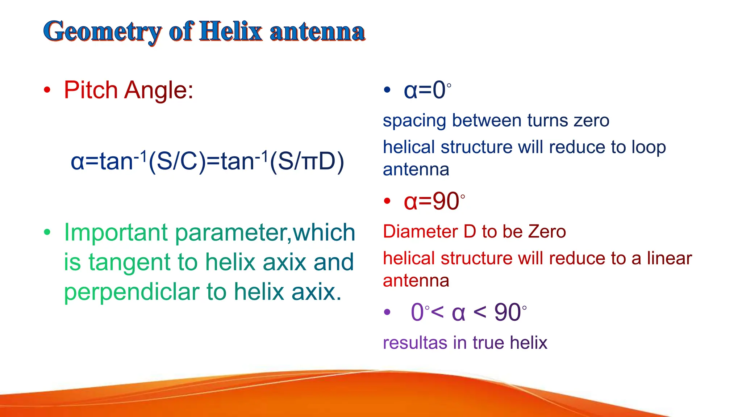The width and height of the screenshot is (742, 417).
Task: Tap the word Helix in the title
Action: (231, 31)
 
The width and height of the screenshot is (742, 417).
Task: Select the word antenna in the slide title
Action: (317, 32)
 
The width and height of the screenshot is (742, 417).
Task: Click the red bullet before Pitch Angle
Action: (47, 90)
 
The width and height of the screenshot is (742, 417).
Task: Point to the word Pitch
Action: (91, 90)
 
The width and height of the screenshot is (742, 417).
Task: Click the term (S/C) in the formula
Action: (177, 161)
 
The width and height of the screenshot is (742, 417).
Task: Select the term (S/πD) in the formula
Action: (307, 161)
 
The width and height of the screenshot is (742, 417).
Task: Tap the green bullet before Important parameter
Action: (47, 232)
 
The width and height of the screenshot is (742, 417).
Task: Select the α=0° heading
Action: (428, 90)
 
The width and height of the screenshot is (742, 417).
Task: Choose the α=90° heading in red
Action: (434, 201)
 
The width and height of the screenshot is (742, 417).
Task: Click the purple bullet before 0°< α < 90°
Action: (387, 312)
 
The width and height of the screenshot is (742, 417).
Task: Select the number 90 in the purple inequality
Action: (508, 312)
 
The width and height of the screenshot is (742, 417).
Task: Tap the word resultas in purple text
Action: (415, 343)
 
